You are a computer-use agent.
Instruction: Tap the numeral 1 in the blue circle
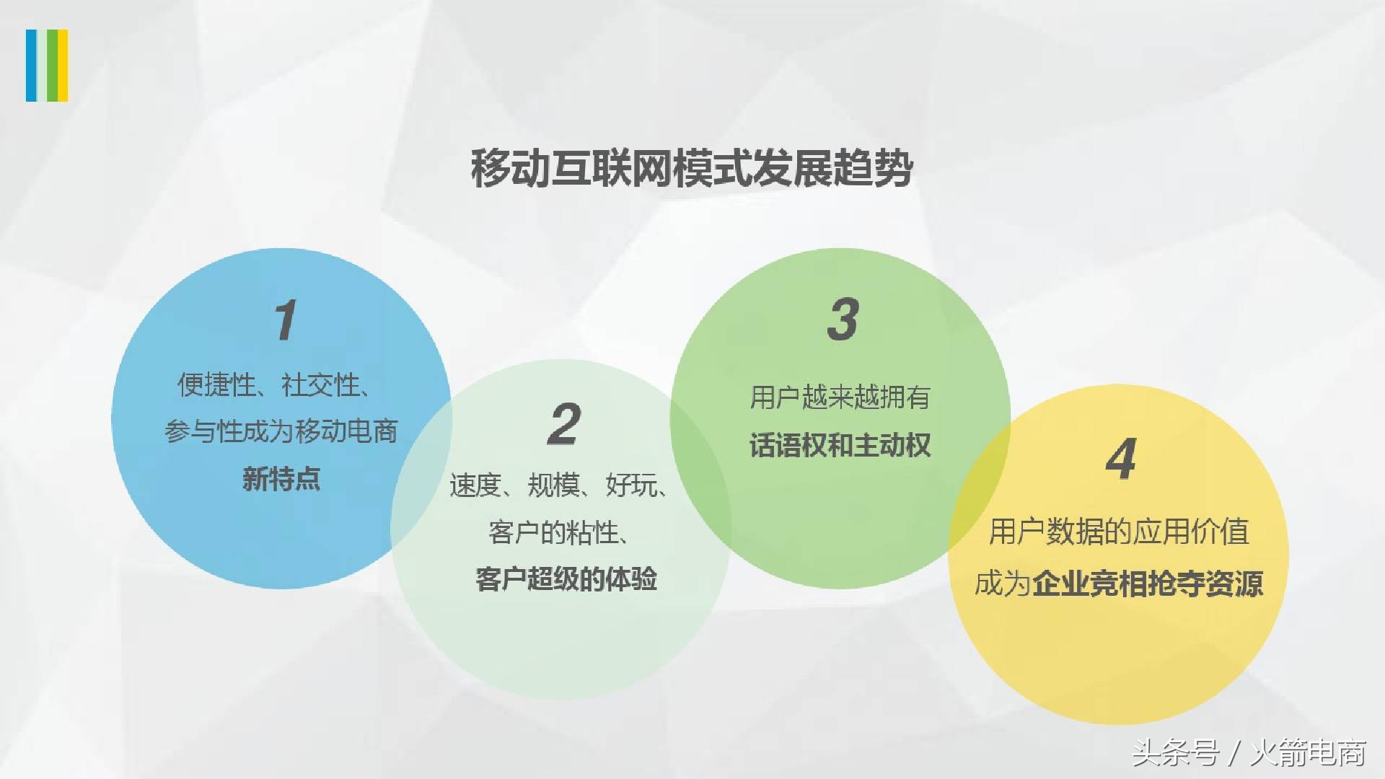tap(286, 320)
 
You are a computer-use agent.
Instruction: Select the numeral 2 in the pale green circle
tap(564, 424)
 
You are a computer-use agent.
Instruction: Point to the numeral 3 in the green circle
tap(843, 319)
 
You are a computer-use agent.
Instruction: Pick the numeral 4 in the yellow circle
tap(1121, 459)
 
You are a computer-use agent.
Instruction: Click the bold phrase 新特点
tap(281, 479)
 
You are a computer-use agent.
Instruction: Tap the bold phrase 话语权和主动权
tap(840, 445)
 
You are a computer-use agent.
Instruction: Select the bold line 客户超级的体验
tap(566, 579)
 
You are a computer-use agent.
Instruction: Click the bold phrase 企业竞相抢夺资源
tap(1148, 584)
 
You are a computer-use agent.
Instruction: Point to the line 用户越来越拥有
tap(840, 397)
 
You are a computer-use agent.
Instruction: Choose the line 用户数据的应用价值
tap(1119, 532)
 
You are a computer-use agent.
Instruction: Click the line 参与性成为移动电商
tap(281, 431)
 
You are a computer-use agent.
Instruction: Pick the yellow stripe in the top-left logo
tap(63, 65)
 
